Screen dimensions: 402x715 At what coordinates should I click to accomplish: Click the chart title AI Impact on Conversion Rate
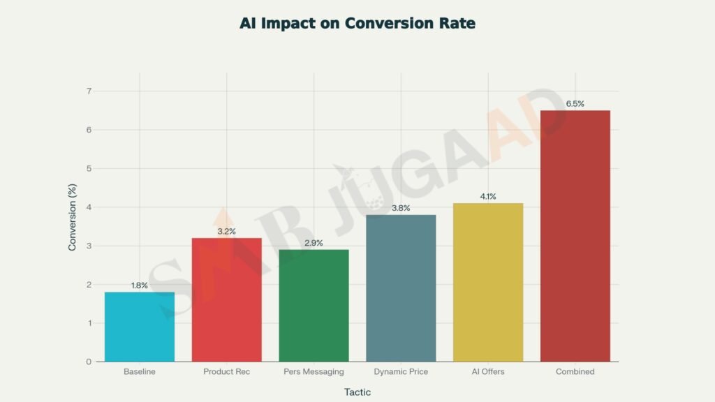click(357, 23)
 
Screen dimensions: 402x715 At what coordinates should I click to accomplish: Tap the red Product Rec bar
click(226, 300)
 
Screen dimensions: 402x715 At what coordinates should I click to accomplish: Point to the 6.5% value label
click(575, 104)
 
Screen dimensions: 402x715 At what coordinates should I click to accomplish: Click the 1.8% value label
click(140, 285)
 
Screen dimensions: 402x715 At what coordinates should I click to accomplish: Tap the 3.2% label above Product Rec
click(226, 232)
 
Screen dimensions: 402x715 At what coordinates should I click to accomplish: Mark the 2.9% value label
click(314, 243)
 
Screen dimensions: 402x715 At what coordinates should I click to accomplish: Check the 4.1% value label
click(488, 197)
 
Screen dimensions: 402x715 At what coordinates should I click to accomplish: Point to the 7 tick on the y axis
click(89, 91)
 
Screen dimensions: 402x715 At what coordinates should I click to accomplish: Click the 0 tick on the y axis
click(89, 362)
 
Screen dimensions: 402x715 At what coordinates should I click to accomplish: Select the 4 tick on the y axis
click(89, 207)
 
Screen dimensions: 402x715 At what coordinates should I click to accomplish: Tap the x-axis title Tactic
click(357, 392)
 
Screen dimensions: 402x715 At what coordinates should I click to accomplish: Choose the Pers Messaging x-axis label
click(314, 372)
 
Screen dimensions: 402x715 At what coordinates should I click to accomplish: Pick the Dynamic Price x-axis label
click(401, 372)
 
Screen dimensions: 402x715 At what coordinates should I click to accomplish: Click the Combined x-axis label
click(575, 372)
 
